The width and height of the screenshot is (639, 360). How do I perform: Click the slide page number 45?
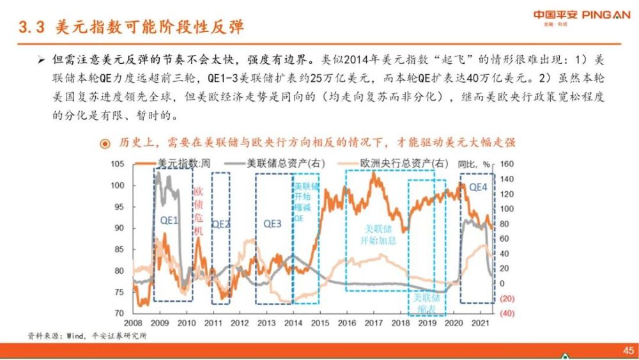[627, 350]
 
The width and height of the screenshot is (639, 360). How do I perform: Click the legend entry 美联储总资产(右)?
[276, 164]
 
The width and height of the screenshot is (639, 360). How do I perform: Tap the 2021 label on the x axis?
[480, 324]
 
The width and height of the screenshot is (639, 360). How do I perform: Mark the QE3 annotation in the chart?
[272, 224]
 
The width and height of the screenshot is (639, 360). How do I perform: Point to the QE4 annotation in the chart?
[478, 188]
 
